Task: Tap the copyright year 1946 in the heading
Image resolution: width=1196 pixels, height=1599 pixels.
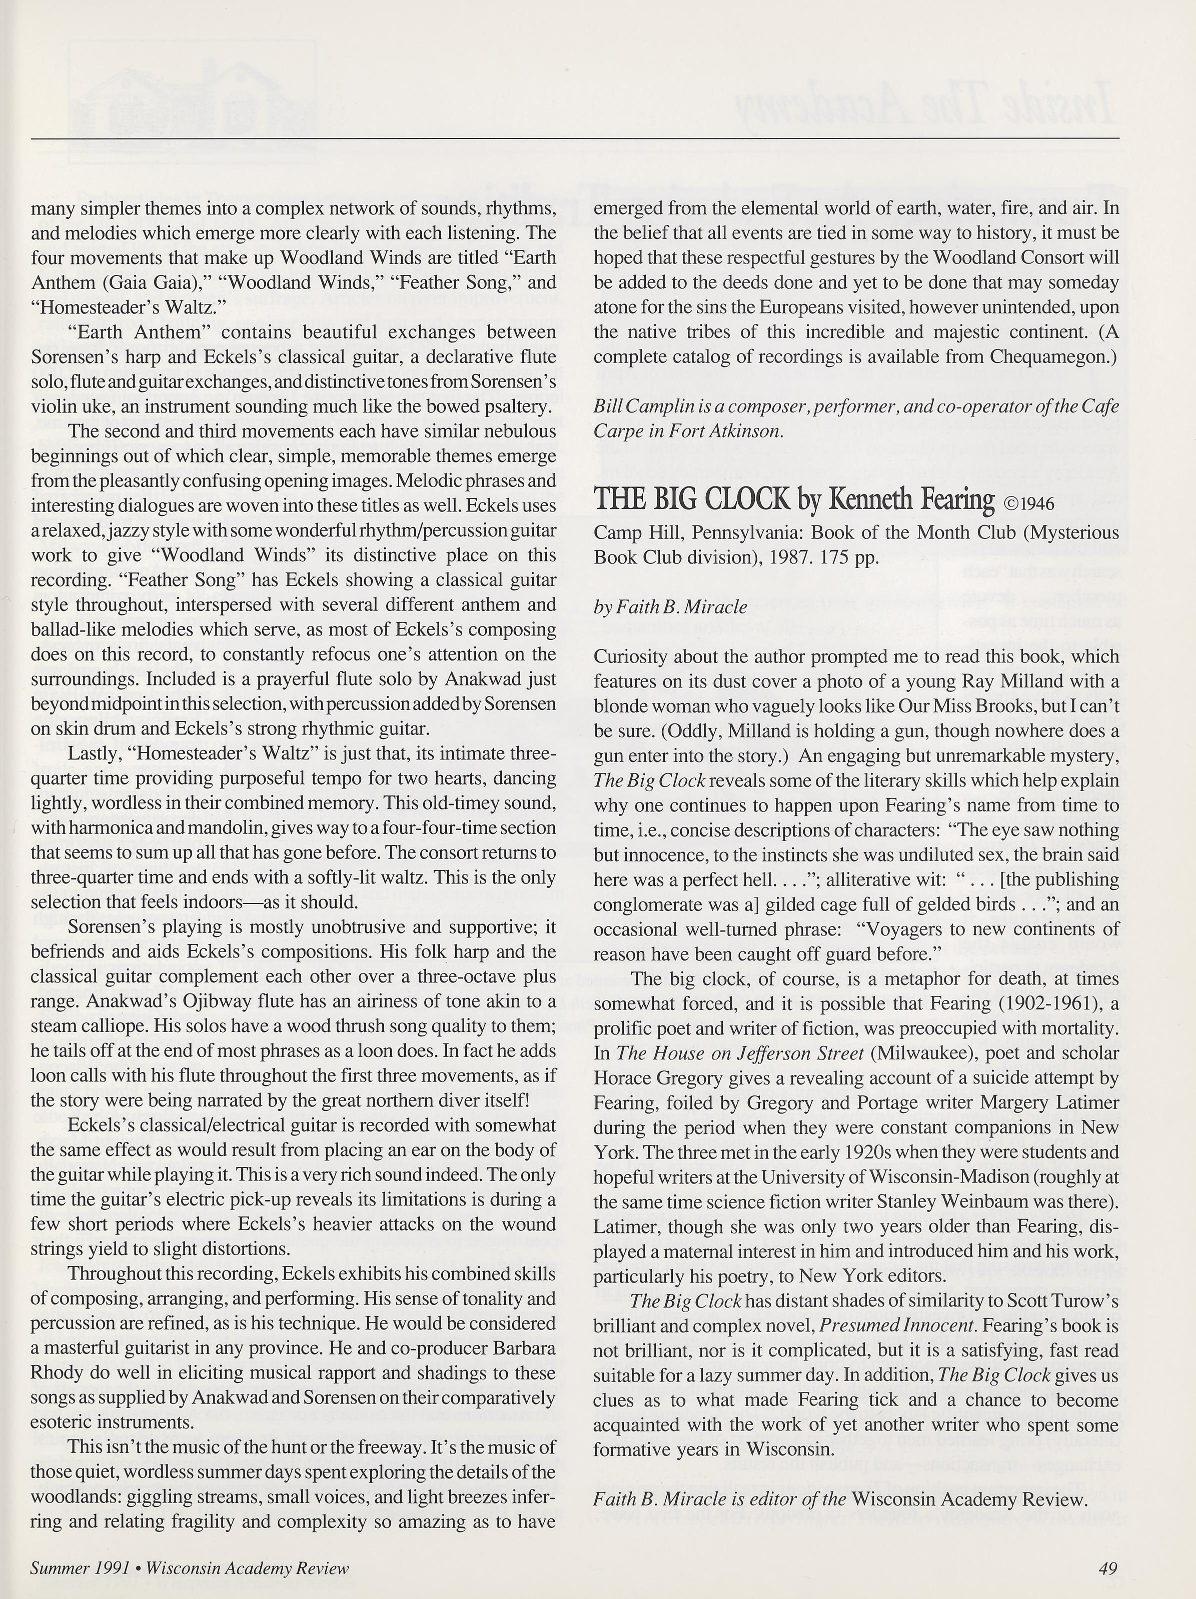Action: click(1035, 503)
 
